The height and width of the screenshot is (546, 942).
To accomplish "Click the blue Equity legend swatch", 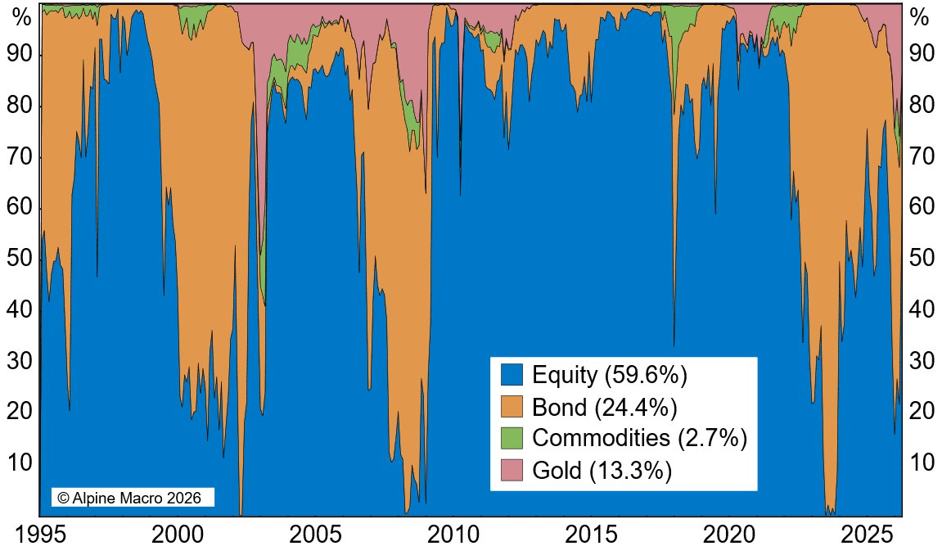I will pyautogui.click(x=512, y=375).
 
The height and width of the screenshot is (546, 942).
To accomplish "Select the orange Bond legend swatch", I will pyautogui.click(x=512, y=407).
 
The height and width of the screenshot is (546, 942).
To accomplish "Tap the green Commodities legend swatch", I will pyautogui.click(x=512, y=438).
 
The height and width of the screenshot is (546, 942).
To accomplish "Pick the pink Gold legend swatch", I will pyautogui.click(x=512, y=470).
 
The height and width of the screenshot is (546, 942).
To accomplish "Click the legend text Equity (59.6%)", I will pyautogui.click(x=609, y=375).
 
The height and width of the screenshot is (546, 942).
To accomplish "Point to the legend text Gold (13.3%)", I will pyautogui.click(x=602, y=470).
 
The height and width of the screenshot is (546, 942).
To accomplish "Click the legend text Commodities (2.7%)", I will pyautogui.click(x=640, y=438).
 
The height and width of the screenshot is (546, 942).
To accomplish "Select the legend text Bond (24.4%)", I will pyautogui.click(x=604, y=407).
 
